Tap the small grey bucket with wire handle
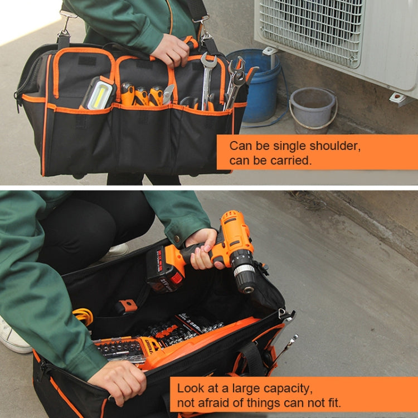coord(313,109)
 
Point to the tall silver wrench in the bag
coord(207,78)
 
